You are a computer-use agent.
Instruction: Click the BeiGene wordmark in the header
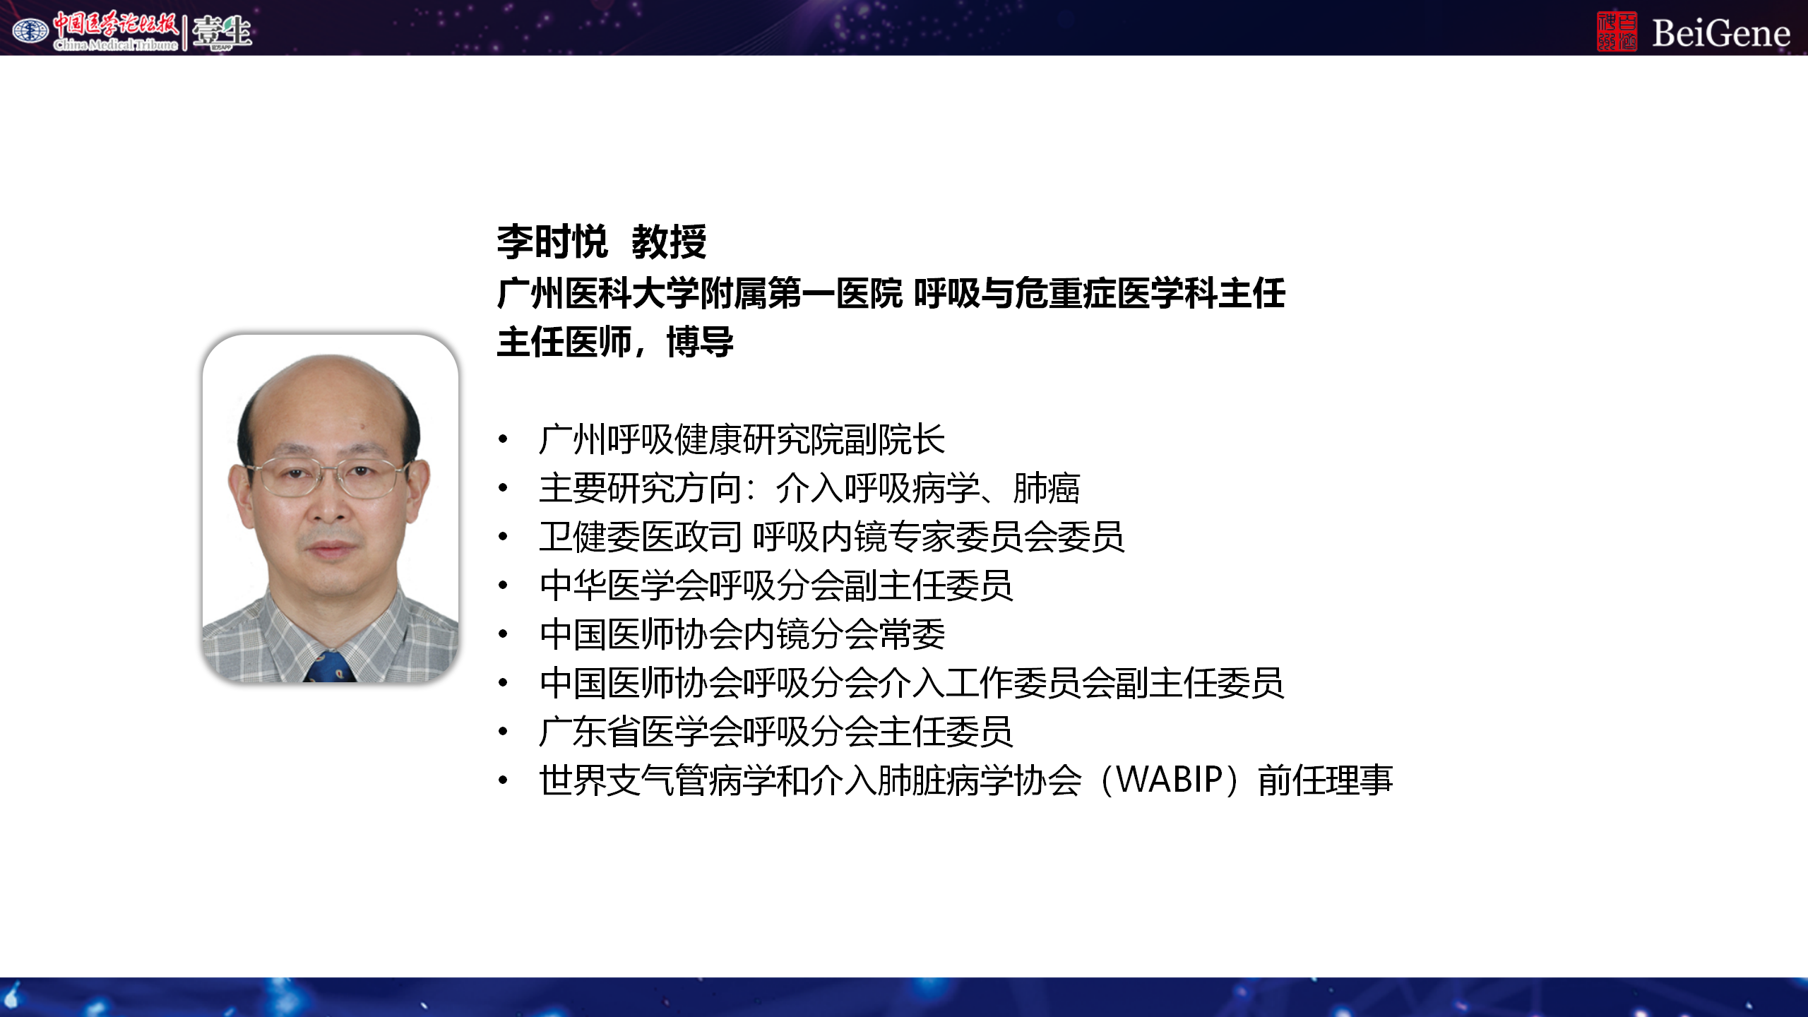pos(1720,32)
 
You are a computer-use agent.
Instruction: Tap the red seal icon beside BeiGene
pos(1617,32)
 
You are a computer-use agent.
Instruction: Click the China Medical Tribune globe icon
pos(30,31)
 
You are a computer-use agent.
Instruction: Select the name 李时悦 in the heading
pos(552,242)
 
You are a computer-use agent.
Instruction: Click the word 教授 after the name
pos(669,242)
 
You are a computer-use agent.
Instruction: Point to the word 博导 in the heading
pos(700,343)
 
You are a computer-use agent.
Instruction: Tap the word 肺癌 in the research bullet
pos(1046,488)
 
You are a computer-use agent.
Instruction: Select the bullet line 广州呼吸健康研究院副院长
pos(742,439)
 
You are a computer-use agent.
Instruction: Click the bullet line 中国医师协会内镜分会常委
pos(742,634)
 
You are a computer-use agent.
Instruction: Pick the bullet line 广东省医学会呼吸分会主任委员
pos(775,732)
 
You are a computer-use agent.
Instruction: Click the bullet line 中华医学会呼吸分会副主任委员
pos(775,585)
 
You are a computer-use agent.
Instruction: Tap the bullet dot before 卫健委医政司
pos(503,537)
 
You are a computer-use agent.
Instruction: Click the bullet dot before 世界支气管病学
pos(503,780)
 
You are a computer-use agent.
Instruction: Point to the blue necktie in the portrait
pos(331,667)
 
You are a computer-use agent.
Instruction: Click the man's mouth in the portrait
pos(330,547)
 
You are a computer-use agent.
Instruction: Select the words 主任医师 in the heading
pos(564,343)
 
